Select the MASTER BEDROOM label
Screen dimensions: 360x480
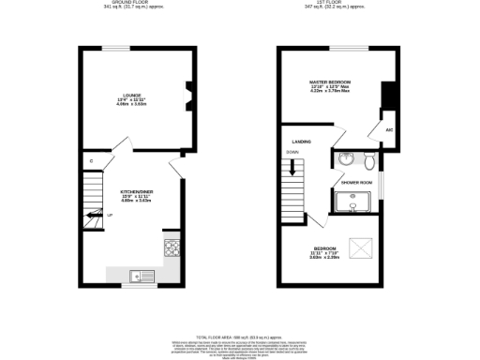point(330,82)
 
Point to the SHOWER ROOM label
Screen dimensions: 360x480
point(357,182)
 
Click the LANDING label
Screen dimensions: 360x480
point(302,142)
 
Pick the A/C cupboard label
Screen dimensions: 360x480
point(388,129)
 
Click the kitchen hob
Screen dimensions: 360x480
point(172,247)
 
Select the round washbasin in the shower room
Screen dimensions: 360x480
point(346,158)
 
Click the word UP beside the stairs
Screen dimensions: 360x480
point(110,216)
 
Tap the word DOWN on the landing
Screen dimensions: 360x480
point(292,153)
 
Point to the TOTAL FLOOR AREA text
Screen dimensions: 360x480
point(240,337)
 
